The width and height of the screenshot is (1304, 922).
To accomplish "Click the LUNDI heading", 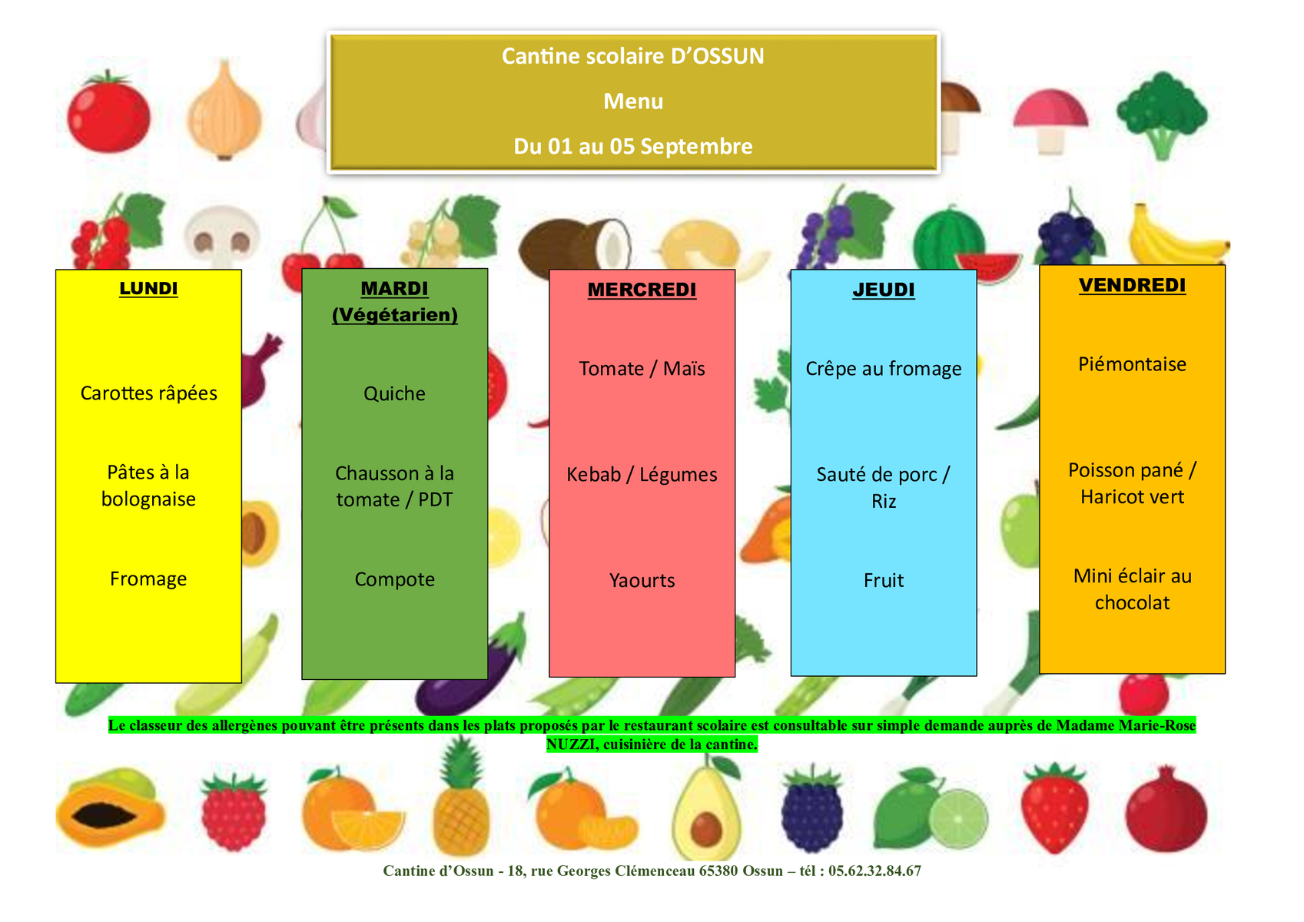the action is [x=148, y=289].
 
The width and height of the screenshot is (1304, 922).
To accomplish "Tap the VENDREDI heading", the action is [x=1133, y=285].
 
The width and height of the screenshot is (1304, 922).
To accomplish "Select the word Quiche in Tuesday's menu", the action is [x=395, y=394].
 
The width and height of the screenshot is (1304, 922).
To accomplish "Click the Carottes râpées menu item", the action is [x=148, y=393].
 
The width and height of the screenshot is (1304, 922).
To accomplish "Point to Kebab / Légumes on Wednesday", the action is [x=642, y=475].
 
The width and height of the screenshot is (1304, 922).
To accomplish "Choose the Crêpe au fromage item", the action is [x=884, y=369].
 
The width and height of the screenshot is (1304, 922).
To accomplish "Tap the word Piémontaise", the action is [x=1133, y=364].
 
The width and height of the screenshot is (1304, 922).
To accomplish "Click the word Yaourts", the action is [x=642, y=581].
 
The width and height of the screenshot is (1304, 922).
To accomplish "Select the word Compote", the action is [x=395, y=580].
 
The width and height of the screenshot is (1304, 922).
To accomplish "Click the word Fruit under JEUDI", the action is [x=884, y=581].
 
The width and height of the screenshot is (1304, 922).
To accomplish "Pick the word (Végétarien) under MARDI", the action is [x=395, y=316].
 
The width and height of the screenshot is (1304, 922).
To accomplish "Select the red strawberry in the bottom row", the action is [x=1054, y=809].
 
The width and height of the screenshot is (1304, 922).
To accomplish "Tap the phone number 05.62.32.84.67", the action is [x=875, y=871].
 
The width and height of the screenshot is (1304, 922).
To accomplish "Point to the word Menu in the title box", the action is [x=633, y=102].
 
